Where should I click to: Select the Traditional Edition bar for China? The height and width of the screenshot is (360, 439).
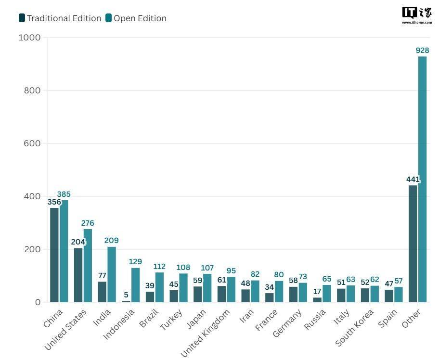(x=54, y=255)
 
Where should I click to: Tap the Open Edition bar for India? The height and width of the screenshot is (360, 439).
(x=112, y=274)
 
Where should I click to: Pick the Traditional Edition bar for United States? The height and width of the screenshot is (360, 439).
(x=78, y=275)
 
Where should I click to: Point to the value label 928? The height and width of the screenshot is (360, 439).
(x=422, y=50)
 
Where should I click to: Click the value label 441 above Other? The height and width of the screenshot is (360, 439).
(x=413, y=180)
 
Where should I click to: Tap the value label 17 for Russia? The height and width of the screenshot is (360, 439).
(x=317, y=291)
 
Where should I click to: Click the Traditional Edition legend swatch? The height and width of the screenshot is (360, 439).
(x=22, y=18)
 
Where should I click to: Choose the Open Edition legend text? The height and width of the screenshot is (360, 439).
(x=140, y=18)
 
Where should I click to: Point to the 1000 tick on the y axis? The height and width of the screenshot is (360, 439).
(x=29, y=38)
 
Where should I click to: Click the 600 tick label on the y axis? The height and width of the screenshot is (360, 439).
(x=32, y=143)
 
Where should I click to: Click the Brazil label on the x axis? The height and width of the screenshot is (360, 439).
(x=149, y=319)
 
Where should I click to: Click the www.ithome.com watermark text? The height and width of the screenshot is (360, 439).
(x=417, y=22)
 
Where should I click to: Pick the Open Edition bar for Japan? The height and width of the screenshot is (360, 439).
(x=207, y=288)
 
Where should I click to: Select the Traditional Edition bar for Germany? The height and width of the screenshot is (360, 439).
(x=293, y=295)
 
